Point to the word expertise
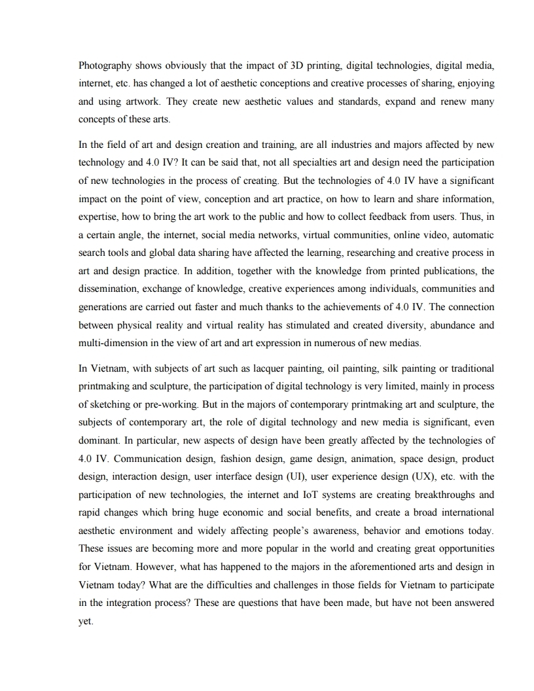pyautogui.click(x=98, y=216)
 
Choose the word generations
pyautogui.click(x=103, y=307)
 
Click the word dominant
pyautogui.click(x=99, y=442)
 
